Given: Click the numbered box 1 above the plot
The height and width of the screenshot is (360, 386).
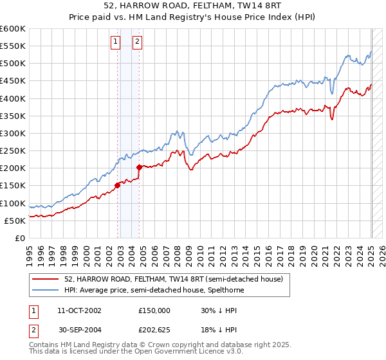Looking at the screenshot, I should click(115, 42).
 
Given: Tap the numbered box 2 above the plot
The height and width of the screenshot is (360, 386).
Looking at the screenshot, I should click(138, 42).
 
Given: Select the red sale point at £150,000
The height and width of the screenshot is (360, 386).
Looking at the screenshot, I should click(118, 186).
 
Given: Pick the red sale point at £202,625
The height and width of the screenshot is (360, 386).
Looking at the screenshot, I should click(140, 167).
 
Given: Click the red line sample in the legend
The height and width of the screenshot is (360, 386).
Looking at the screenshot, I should click(46, 280).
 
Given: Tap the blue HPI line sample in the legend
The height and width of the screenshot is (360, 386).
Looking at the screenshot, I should click(46, 290).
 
